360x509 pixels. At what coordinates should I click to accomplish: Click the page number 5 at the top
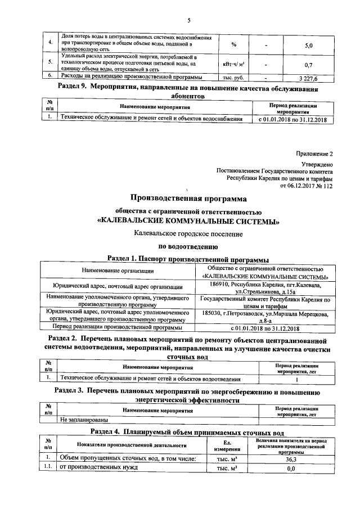tap(189, 21)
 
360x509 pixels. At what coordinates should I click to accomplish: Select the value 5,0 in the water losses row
tap(308, 44)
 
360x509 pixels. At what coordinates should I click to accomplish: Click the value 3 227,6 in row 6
tap(308, 78)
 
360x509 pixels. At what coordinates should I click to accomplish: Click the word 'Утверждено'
tap(317, 165)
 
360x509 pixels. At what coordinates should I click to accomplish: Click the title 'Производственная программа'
tap(188, 198)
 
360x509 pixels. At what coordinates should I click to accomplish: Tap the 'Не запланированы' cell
tap(84, 419)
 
